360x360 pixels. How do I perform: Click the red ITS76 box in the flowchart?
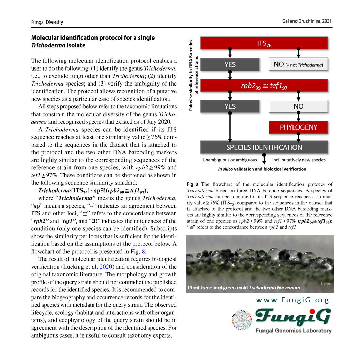[264, 43]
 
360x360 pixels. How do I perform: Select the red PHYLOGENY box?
[298, 127]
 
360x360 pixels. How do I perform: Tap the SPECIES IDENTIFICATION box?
[264, 147]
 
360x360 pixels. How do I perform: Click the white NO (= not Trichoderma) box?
[298, 64]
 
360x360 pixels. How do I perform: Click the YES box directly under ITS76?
[230, 64]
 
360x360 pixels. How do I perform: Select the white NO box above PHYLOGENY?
[298, 106]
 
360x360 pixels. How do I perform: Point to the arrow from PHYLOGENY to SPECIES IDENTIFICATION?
[298, 137]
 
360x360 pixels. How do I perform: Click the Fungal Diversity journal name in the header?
[47, 22]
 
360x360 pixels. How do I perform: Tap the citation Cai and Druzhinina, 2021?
[307, 21]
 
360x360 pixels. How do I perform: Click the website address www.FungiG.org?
[292, 300]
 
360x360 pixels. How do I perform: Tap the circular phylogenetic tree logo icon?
[242, 320]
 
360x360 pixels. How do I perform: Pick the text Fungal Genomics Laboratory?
[293, 331]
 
